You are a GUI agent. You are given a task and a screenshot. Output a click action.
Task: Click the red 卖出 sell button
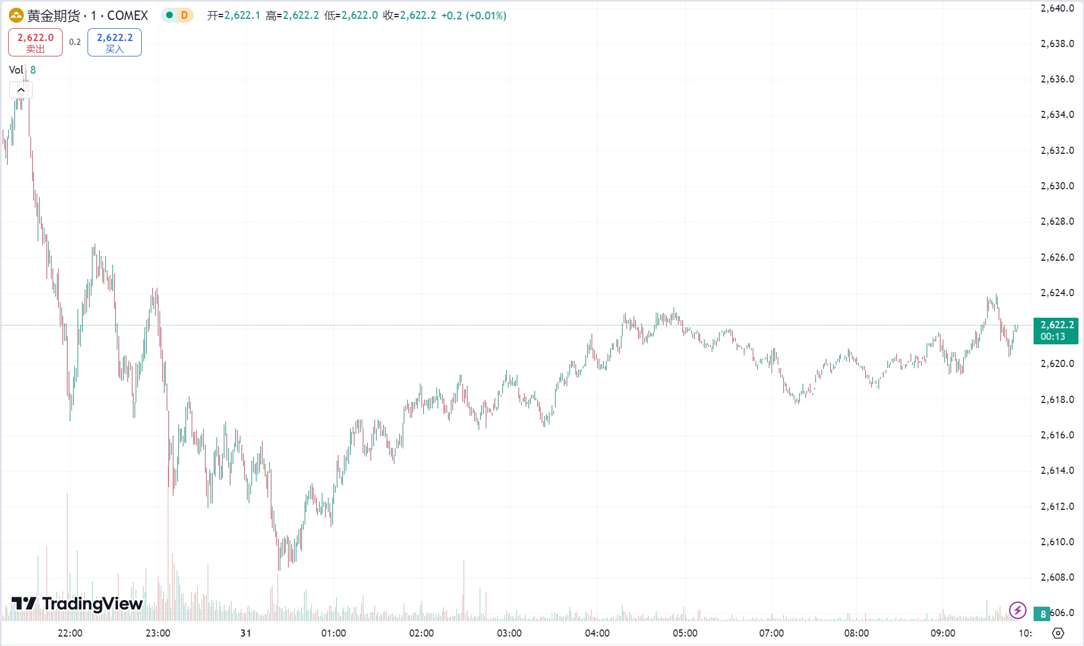[x=35, y=43]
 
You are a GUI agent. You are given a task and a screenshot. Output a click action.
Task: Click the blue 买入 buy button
[x=115, y=43]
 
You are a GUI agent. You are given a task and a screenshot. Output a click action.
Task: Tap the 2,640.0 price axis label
[x=1057, y=8]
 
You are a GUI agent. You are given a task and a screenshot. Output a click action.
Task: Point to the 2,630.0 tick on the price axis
[x=1057, y=186]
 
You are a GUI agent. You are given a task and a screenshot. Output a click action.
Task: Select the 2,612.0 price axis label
[x=1057, y=507]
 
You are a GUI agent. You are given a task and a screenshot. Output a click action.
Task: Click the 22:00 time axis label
[x=70, y=633]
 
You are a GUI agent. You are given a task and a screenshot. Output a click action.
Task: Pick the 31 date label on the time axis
[x=245, y=633]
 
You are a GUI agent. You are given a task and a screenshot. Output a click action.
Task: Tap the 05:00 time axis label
[x=685, y=633]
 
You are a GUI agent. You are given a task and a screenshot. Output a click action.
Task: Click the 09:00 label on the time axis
[x=942, y=633]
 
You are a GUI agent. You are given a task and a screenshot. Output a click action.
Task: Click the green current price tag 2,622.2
[x=1056, y=330]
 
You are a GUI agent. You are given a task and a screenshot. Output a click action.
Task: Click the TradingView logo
[x=78, y=603]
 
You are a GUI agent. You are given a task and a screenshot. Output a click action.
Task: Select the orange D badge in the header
[x=184, y=15]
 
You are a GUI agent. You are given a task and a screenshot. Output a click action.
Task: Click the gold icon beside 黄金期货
[x=16, y=15]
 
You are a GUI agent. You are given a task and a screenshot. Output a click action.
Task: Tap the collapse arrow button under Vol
[x=21, y=90]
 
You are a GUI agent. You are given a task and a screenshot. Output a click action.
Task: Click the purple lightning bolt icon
[x=1018, y=610]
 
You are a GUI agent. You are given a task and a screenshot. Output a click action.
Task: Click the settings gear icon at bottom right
[x=1058, y=633]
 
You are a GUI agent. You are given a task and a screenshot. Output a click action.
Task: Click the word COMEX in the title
[x=127, y=15]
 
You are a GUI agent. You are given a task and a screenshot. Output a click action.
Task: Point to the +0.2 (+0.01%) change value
[x=474, y=15]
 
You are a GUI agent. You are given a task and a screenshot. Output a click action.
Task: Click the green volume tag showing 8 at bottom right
[x=1042, y=614]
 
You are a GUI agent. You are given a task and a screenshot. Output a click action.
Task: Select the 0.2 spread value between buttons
[x=75, y=42]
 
